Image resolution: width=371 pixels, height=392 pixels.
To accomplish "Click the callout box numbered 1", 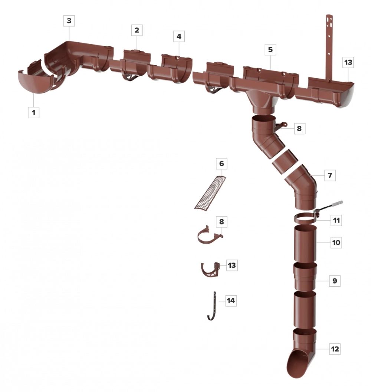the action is [33, 112].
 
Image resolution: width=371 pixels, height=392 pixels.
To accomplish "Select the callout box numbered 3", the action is [69, 21].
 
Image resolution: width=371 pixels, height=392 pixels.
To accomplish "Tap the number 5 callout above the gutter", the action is [270, 49].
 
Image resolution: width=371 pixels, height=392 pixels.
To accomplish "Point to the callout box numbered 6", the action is [221, 164].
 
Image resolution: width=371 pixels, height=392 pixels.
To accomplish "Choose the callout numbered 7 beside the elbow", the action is [330, 175].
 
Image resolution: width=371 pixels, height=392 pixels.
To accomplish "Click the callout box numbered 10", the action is [336, 242].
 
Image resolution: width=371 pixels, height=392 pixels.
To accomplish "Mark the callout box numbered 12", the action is [335, 349].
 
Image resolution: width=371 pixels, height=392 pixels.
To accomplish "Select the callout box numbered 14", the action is [231, 300].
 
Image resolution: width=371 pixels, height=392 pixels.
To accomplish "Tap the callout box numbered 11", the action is [336, 220].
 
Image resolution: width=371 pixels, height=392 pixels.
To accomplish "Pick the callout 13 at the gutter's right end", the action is [348, 62].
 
